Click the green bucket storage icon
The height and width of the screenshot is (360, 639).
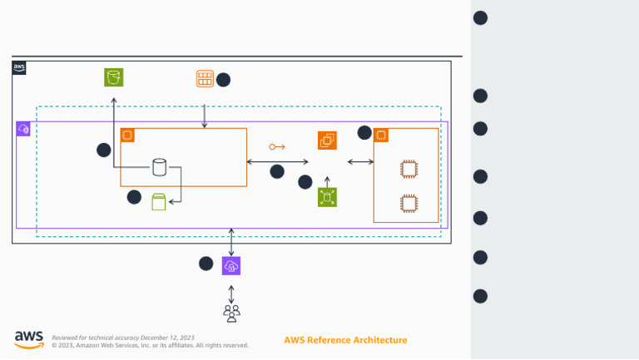click(114, 77)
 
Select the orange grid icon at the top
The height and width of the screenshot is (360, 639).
click(205, 79)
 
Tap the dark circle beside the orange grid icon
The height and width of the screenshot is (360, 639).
click(223, 80)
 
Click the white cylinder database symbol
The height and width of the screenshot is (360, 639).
click(159, 167)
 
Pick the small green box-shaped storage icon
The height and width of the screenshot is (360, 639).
click(159, 201)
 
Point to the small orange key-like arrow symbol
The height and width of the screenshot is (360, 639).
click(276, 147)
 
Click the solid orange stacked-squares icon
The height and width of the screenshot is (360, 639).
click(327, 141)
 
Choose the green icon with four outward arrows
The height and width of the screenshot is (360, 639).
click(327, 197)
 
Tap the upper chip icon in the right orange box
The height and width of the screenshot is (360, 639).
click(408, 169)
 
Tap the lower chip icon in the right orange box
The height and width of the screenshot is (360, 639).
click(408, 202)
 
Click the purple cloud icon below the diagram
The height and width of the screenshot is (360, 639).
click(231, 265)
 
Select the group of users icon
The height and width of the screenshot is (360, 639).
click(231, 313)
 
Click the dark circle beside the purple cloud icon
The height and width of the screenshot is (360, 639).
click(206, 264)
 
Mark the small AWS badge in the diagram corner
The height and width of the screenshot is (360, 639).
click(19, 68)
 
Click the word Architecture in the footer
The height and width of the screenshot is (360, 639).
click(382, 340)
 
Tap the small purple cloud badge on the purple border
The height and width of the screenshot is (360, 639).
click(23, 129)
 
